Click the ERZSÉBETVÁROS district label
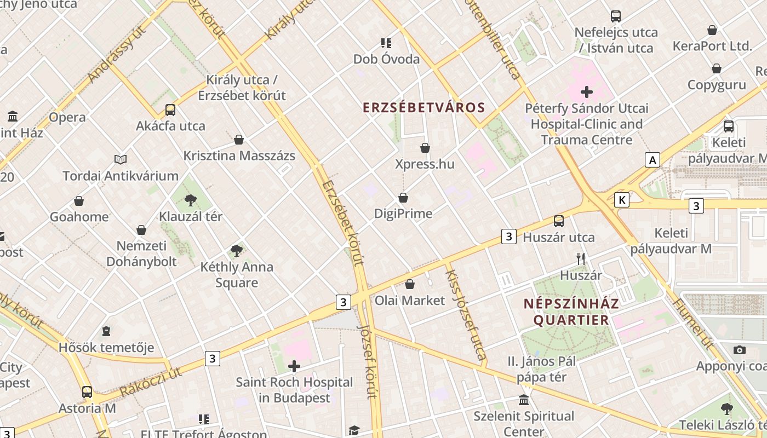pyautogui.click(x=424, y=107)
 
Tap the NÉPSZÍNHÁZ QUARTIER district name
pyautogui.click(x=571, y=312)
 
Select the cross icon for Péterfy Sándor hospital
pyautogui.click(x=587, y=91)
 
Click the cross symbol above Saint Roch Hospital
pyautogui.click(x=294, y=366)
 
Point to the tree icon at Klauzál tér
pyautogui.click(x=190, y=200)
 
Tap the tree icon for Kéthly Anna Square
pyautogui.click(x=237, y=251)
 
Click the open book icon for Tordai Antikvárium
pyautogui.click(x=121, y=159)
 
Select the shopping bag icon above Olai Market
pyautogui.click(x=409, y=284)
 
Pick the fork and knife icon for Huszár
pyautogui.click(x=581, y=259)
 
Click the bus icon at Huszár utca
pyautogui.click(x=558, y=221)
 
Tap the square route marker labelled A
pyautogui.click(x=652, y=160)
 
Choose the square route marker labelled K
pyautogui.click(x=622, y=200)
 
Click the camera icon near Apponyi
pyautogui.click(x=739, y=350)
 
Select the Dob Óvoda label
pyautogui.click(x=386, y=59)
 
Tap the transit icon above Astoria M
pyautogui.click(x=87, y=392)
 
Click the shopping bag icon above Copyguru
pyautogui.click(x=716, y=68)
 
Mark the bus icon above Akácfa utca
pyautogui.click(x=170, y=109)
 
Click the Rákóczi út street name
pyautogui.click(x=150, y=382)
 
